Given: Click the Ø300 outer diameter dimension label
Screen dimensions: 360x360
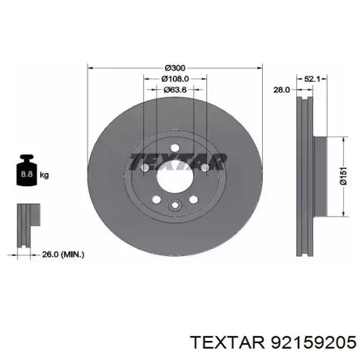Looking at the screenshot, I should tap(175, 68).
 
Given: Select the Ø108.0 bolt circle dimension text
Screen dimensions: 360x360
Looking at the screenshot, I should tap(175, 79).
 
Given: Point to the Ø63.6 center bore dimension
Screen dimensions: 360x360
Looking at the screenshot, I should tap(175, 89).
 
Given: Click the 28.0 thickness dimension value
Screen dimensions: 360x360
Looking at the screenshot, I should tap(281, 89).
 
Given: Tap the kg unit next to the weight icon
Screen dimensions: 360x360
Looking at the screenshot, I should tap(44, 175).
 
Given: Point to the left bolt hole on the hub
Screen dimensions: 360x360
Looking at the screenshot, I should tap(145, 168).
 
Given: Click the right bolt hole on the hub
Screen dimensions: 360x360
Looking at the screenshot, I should tap(204, 168).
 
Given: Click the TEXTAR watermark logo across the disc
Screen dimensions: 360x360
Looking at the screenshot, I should tap(177, 161).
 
